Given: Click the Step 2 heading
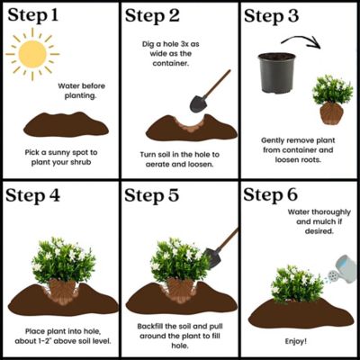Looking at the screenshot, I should click(159, 15).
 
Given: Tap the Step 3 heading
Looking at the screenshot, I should click(279, 15).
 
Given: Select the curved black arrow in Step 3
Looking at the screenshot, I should click(301, 40).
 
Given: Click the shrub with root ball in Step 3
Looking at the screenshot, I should click(331, 101).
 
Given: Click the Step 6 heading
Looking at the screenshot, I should click(279, 195).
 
